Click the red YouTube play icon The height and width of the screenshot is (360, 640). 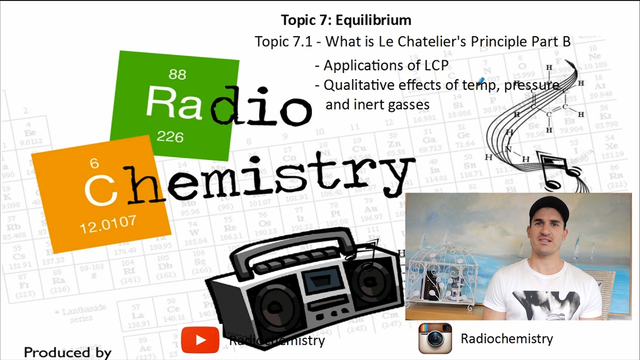pyautogui.click(x=200, y=340)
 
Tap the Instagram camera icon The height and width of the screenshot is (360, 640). pyautogui.click(x=435, y=338)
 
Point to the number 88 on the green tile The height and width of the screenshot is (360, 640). pyautogui.click(x=177, y=74)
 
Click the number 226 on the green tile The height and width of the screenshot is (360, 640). pyautogui.click(x=170, y=136)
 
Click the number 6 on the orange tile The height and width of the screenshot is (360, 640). pyautogui.click(x=94, y=163)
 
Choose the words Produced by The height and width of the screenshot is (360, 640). pyautogui.click(x=67, y=352)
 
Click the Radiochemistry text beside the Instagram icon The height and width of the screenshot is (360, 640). pyautogui.click(x=506, y=338)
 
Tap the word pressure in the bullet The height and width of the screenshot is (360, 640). pyautogui.click(x=531, y=85)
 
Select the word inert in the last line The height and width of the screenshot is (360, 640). pyautogui.click(x=369, y=104)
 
